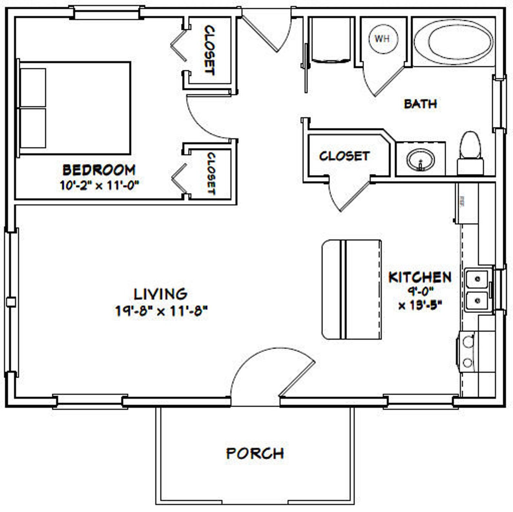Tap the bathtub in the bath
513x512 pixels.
coord(454,42)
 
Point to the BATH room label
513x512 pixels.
coord(420,104)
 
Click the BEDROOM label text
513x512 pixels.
coord(99,170)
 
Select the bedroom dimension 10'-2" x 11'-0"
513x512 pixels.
coord(99,185)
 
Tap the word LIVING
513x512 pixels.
coord(161,294)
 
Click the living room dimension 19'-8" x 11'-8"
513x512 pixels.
coord(161,311)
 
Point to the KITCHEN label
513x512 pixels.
coord(420,277)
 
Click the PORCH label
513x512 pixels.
coord(255,454)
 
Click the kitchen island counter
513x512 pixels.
coord(351,289)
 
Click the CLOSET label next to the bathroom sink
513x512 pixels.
coord(344,156)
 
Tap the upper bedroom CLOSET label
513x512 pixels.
coord(209,51)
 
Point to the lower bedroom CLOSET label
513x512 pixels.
coord(211,173)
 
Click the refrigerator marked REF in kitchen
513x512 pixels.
coord(466,203)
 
